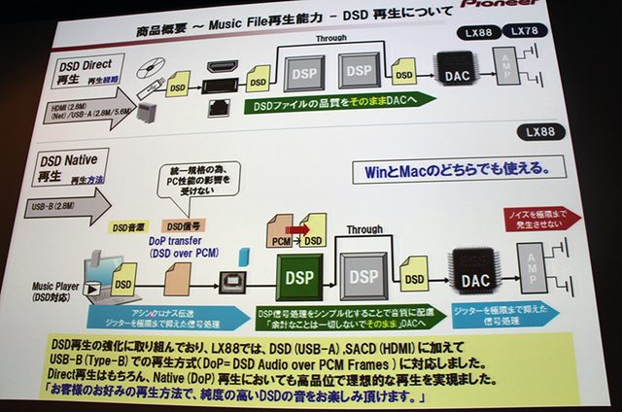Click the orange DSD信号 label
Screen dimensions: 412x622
point(185,225)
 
